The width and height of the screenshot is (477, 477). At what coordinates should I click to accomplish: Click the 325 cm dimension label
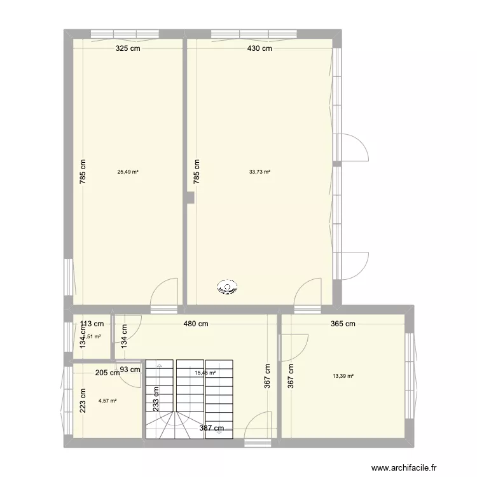127,48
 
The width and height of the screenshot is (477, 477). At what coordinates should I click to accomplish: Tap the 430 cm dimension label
259,48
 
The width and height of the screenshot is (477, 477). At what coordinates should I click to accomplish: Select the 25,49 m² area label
128,171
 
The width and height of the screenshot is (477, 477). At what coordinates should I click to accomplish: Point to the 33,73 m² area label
259,171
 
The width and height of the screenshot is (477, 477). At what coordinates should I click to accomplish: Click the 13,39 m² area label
343,376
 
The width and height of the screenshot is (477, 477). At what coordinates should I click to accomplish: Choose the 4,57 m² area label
107,401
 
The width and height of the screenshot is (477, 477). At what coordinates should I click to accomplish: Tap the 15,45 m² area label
205,373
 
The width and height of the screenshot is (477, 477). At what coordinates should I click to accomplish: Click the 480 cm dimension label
195,324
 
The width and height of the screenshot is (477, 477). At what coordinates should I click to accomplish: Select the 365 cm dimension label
343,324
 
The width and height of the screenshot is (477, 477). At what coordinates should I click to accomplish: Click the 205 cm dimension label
107,373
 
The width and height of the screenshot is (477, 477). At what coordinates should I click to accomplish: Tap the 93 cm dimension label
131,370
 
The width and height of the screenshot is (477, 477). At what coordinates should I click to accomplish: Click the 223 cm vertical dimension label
83,401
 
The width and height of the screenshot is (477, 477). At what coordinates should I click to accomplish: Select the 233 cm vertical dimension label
156,401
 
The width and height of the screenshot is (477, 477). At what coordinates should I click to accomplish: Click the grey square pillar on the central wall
190,198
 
